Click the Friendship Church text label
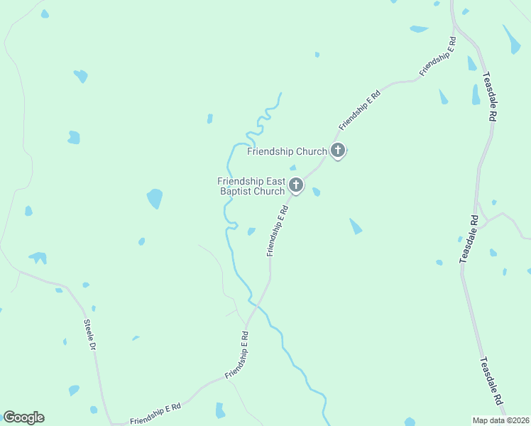coord(287,151)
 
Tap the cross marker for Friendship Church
coord(338,151)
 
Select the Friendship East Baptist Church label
coord(251,186)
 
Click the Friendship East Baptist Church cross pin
coord(295,186)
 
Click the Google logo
coord(23,417)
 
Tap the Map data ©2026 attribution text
coord(500,420)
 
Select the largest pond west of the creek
coord(155,198)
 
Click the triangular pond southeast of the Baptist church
coord(355,226)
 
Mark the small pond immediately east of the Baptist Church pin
coord(316,192)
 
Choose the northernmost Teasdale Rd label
coord(488,97)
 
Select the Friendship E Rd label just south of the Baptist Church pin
coord(278,231)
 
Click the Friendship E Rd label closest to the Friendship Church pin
coord(360,110)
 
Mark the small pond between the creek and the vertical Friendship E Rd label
coord(251,231)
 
